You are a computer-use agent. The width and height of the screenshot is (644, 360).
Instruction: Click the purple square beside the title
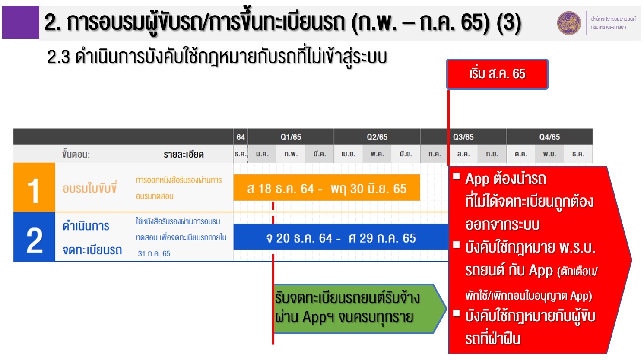[21, 22]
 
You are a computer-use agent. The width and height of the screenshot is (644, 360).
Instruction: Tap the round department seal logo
[569, 23]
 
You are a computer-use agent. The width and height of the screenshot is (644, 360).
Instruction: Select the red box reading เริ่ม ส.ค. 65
[498, 74]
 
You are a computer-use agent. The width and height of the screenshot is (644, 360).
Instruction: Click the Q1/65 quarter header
[291, 137]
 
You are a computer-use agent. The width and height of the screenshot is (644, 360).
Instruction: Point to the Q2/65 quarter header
[377, 137]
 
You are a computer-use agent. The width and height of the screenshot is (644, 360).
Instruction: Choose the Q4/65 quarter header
[549, 137]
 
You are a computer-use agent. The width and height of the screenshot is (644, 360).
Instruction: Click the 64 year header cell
[241, 137]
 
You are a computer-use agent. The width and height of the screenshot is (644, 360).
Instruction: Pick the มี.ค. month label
[320, 154]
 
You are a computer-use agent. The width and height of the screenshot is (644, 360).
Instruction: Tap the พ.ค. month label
[377, 154]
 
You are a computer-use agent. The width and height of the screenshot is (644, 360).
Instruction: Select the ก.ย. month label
[492, 154]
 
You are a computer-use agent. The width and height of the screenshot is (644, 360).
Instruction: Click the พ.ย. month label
[549, 154]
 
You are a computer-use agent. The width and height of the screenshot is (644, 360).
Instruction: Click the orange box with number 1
[34, 187]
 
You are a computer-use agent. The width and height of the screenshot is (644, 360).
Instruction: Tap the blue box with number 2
[34, 237]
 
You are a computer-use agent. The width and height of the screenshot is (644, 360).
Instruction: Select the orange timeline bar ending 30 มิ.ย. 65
[327, 187]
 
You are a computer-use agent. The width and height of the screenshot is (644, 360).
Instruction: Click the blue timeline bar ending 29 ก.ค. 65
[341, 237]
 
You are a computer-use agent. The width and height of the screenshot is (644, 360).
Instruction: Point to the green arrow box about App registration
[359, 309]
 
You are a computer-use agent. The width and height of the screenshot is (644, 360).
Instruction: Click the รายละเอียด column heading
[184, 154]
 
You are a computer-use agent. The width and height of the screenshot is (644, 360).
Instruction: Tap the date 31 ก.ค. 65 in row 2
[154, 254]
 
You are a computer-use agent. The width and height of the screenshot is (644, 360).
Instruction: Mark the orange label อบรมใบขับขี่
[89, 188]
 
